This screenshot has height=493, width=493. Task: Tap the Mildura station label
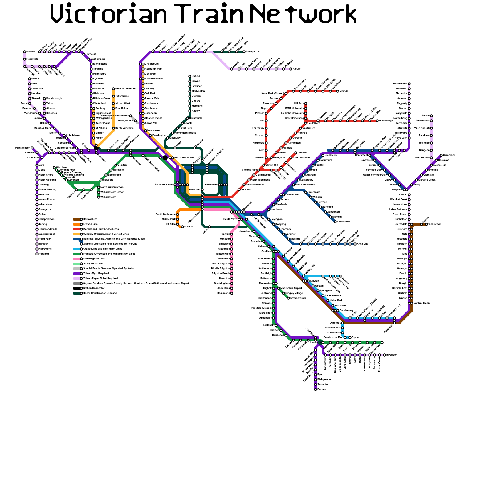[31, 52]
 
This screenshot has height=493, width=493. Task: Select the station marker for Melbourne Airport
[113, 89]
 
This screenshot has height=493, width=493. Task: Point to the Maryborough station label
[54, 99]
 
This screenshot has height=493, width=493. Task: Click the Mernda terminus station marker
[338, 91]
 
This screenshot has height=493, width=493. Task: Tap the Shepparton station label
[253, 52]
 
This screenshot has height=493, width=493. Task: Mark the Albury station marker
[291, 69]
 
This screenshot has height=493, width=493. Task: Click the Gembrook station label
[449, 155]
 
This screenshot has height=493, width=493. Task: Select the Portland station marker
[37, 254]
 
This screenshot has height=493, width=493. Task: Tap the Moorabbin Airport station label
[291, 288]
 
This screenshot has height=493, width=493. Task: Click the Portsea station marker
[316, 389]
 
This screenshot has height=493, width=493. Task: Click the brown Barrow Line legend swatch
[76, 219]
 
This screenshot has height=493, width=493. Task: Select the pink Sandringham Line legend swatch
[76, 259]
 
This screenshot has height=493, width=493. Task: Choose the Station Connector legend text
[94, 288]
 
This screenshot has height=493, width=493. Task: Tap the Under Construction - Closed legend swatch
[76, 293]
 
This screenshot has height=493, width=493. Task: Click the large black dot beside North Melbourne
[165, 158]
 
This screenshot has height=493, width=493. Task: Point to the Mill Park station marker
[306, 104]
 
